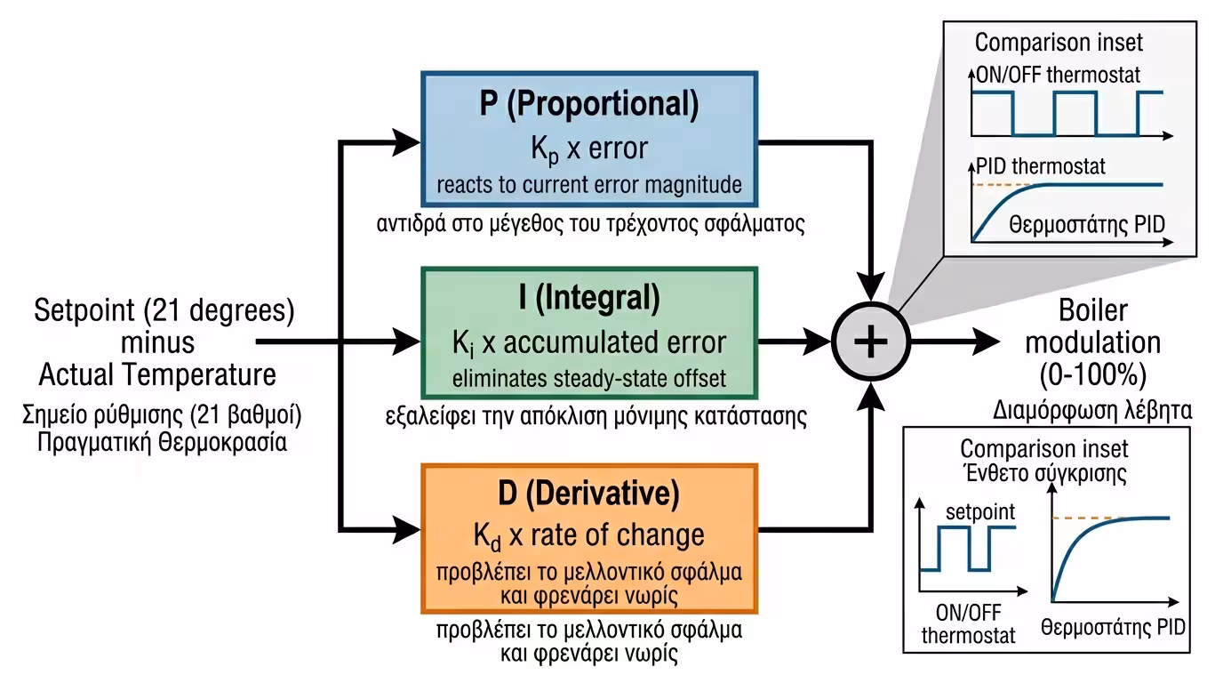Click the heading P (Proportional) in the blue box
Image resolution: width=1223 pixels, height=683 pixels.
[588, 105]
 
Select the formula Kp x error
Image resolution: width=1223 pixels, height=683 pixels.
[588, 148]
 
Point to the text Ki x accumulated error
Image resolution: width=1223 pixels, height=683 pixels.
[588, 342]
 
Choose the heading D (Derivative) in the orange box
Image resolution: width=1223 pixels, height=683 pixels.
[588, 492]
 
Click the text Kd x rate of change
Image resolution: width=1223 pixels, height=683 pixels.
[588, 534]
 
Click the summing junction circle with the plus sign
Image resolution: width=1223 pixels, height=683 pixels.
[870, 341]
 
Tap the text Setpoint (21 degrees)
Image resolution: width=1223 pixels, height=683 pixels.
[164, 311]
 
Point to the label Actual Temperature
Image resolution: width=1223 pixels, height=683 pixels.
[157, 374]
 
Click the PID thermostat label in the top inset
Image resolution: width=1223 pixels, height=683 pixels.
[1041, 166]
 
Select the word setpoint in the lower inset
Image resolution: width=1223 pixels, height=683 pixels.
[979, 513]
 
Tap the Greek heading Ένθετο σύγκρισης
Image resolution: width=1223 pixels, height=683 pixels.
[1043, 473]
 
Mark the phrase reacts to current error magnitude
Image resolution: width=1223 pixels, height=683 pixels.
[588, 185]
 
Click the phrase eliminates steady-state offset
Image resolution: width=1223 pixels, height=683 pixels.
[588, 379]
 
